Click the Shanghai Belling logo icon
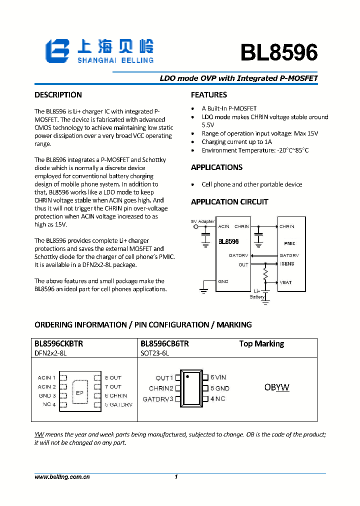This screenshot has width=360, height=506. pos(57,51)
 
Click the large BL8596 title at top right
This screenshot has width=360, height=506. pos(278,52)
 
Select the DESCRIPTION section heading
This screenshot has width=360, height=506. pos(58,95)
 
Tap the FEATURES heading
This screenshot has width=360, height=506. pos(209,95)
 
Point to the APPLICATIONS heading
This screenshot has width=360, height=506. pos(216,167)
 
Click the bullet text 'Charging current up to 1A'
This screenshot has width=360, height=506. pos(237,142)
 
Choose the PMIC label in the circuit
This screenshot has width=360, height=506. pos(289,243)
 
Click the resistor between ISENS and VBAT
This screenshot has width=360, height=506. pos(266,274)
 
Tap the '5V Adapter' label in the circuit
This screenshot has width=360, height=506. pos(203,221)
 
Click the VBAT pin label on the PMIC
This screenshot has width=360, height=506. pos(286,282)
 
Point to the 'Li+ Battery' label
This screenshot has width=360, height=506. pos(257,294)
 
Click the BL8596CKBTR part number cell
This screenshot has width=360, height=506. pos(59,344)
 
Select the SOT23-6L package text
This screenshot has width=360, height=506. pos(155,353)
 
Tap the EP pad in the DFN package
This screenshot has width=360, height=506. pos(79,392)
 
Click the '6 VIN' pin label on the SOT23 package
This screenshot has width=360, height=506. pos(218,377)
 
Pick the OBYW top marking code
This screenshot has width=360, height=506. pos(276,387)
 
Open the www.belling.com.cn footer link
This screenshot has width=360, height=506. pos(62,477)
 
